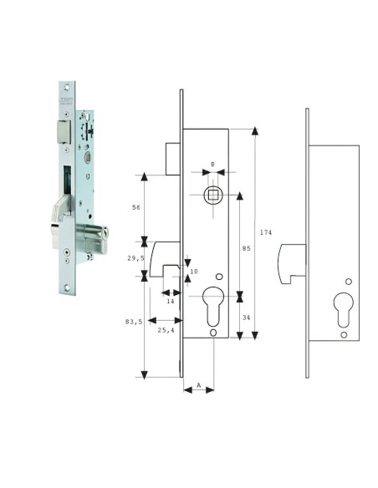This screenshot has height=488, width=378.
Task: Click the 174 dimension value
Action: [x=266, y=231]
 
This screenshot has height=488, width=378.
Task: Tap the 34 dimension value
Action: [x=247, y=317]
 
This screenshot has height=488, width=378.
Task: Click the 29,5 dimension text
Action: [x=135, y=259]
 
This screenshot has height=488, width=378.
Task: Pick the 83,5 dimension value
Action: [x=133, y=321]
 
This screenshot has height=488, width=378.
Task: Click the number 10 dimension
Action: [x=194, y=272]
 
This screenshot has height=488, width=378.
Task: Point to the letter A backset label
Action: [x=198, y=386]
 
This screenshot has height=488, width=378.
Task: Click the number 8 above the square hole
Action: [x=213, y=165]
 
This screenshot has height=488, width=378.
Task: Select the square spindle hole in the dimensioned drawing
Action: [x=213, y=195]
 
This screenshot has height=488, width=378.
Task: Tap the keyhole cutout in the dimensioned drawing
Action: [x=214, y=302]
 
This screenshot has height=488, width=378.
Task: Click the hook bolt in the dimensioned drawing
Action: [x=167, y=256]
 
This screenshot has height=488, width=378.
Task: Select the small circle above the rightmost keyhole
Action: [x=348, y=280]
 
